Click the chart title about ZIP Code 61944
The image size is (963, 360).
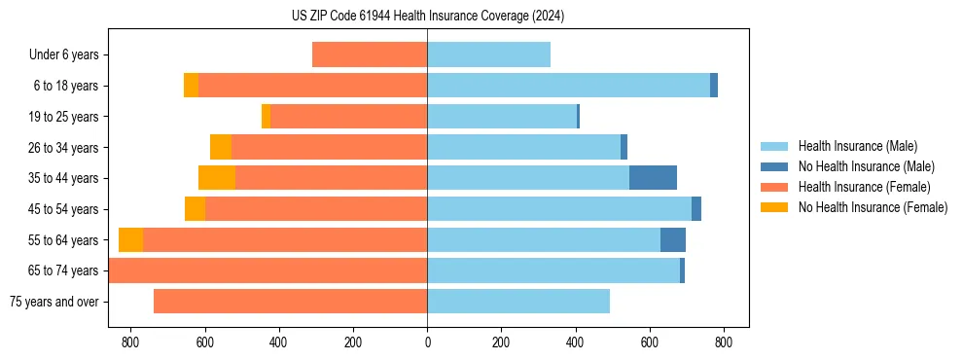click(x=427, y=17)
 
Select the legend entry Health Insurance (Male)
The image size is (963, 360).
click(x=857, y=146)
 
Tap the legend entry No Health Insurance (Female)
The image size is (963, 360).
click(x=873, y=207)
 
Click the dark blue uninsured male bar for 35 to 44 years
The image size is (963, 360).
click(x=653, y=178)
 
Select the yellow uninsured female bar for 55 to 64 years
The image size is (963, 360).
click(x=130, y=239)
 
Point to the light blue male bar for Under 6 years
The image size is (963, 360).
click(x=488, y=54)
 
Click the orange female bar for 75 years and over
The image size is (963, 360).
click(x=290, y=302)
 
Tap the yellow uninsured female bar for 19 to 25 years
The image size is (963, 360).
click(x=266, y=117)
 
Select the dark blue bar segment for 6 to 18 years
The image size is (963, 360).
click(x=714, y=86)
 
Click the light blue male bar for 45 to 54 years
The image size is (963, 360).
click(x=559, y=209)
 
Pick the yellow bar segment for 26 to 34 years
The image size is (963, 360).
click(x=221, y=147)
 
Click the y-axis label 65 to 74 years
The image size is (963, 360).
click(x=63, y=270)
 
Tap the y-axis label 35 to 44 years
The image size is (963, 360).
click(x=63, y=178)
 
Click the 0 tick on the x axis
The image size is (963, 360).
click(x=427, y=342)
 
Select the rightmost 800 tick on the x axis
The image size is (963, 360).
click(x=723, y=342)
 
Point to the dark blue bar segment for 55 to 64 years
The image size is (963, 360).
click(x=673, y=239)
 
